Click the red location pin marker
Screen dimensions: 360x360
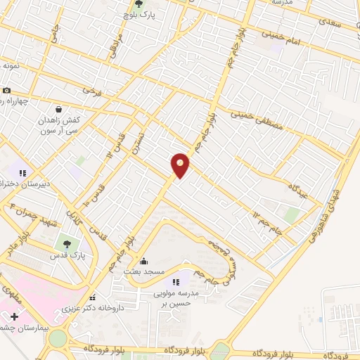(181, 165)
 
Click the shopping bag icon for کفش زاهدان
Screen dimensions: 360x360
(58, 109)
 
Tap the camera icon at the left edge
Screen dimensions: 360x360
(6, 90)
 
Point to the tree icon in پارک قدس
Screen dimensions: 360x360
(67, 244)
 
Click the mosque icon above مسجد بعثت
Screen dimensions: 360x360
(143, 260)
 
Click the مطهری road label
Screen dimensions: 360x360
(13, 296)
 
